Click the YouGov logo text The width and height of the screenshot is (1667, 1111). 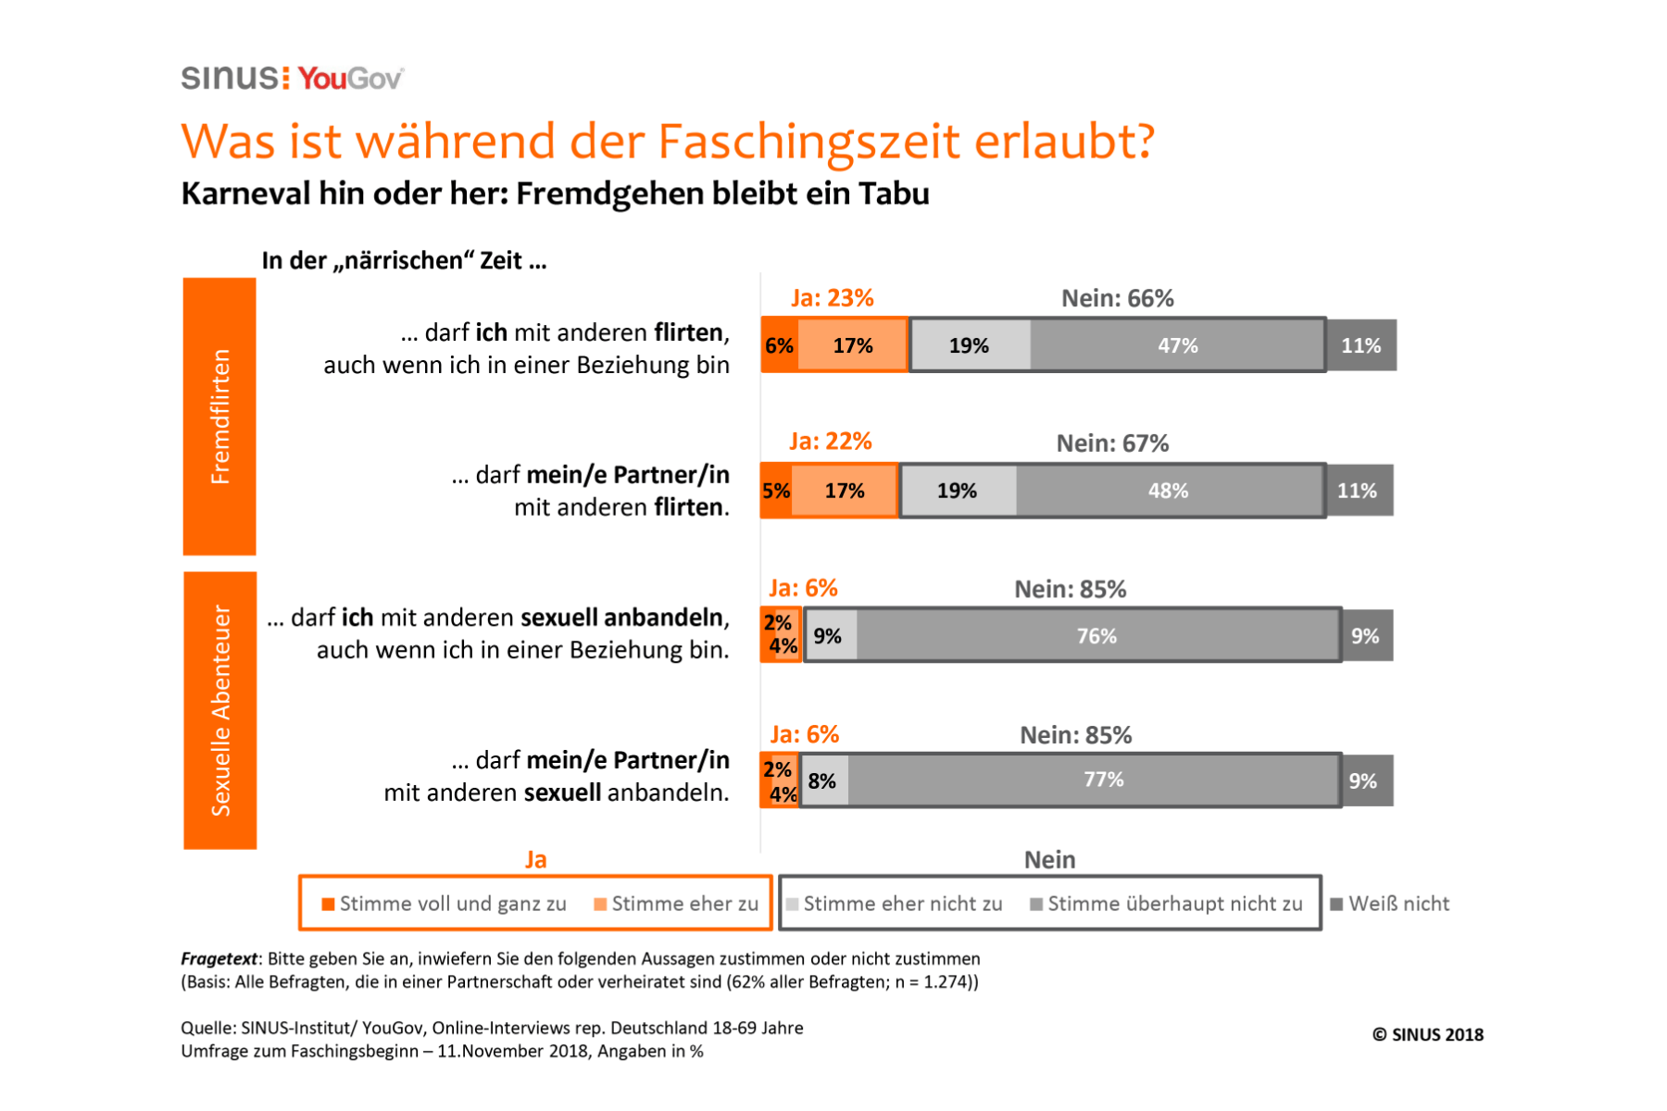point(351,79)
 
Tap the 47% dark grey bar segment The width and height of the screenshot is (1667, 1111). point(1177,345)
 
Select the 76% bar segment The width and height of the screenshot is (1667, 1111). point(1097,636)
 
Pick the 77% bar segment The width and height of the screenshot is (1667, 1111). point(1103,780)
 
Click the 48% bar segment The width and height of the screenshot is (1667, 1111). point(1168,491)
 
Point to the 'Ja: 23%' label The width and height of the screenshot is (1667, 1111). point(832,298)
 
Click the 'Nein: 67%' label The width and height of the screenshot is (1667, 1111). point(1112,443)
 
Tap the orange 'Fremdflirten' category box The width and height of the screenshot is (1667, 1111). point(219,417)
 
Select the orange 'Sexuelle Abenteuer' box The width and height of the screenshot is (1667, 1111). point(220,710)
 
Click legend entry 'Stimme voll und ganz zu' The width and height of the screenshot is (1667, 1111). point(444,904)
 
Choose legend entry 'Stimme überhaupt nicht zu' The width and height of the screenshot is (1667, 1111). point(1166,904)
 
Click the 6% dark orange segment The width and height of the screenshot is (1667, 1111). point(778,345)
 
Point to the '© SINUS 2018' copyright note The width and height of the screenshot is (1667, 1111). point(1427,1034)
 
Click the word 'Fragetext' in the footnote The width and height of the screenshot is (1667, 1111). point(219,958)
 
